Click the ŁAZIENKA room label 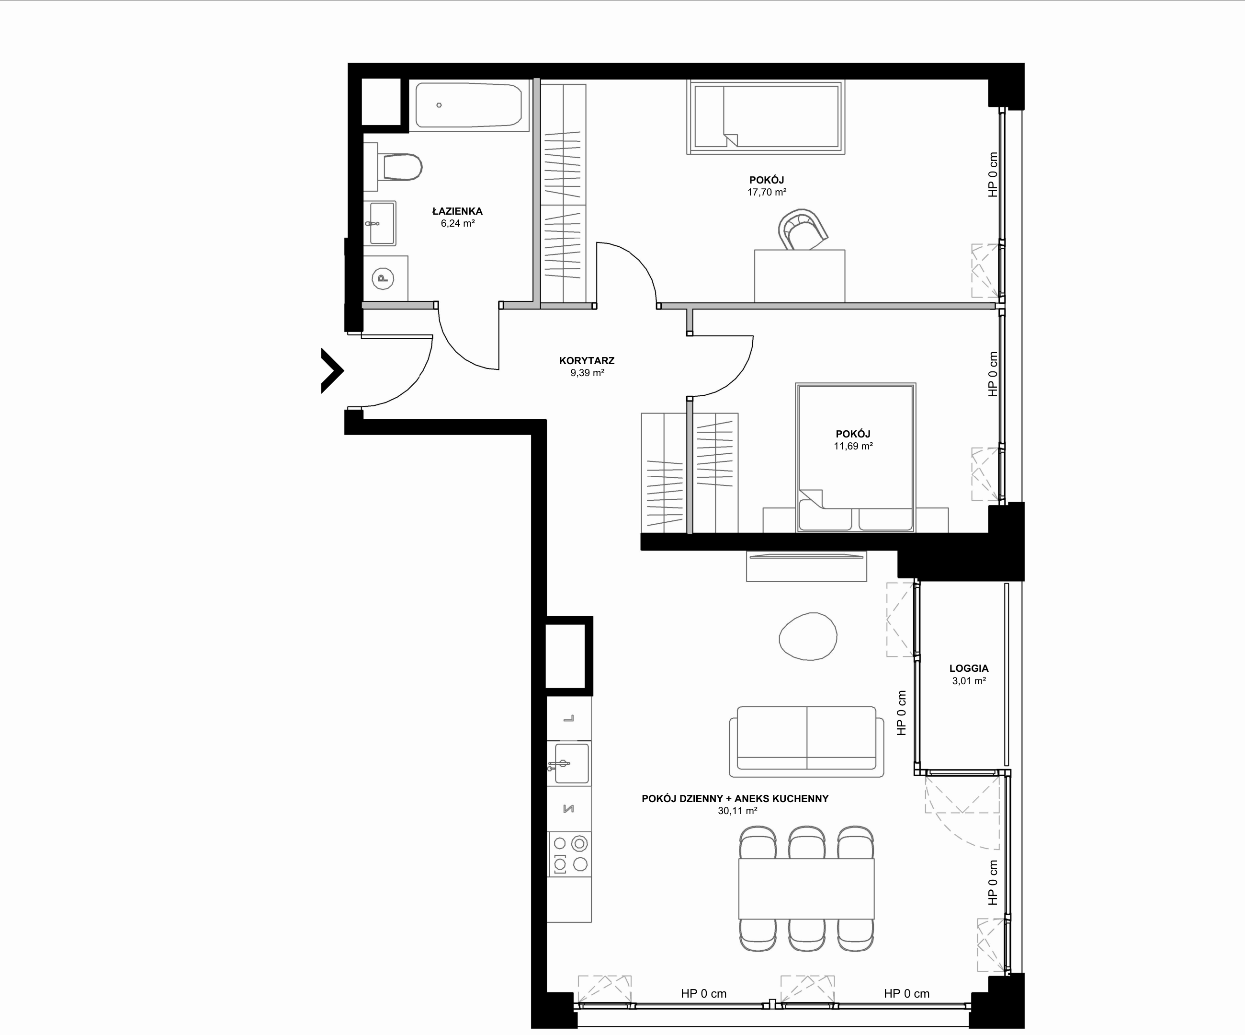tap(457, 211)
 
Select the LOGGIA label tap(969, 668)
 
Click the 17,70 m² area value tap(767, 192)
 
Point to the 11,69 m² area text tap(853, 446)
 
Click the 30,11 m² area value tap(737, 811)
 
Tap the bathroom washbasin tap(383, 223)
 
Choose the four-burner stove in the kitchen tap(569, 854)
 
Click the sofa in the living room tap(806, 741)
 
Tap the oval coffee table tap(807, 636)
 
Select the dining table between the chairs tap(806, 888)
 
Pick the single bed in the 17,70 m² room tap(766, 117)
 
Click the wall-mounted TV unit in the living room tap(806, 566)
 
